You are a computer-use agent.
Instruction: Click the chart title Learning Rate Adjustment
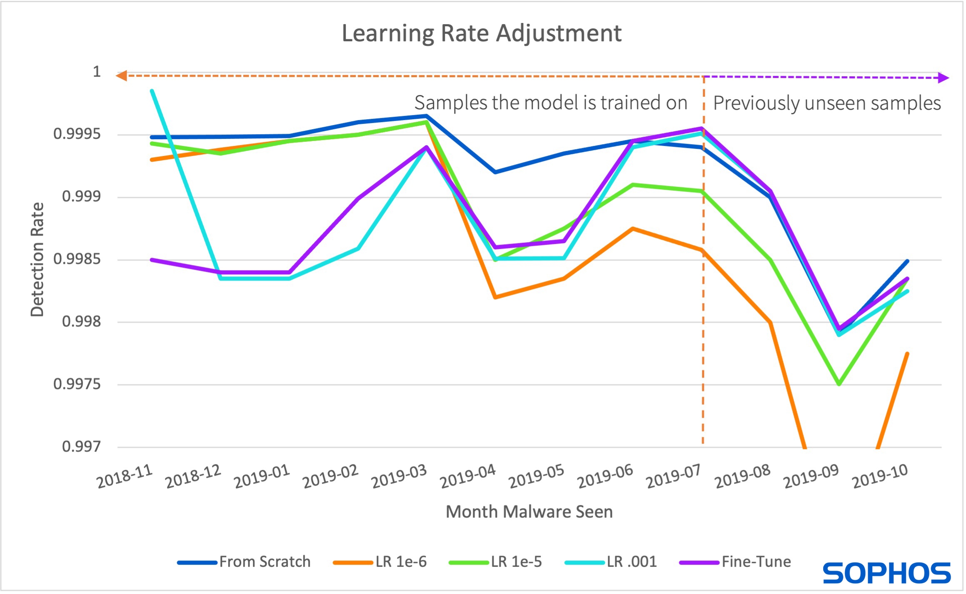coord(482,33)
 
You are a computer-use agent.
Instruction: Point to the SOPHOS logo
coord(887,573)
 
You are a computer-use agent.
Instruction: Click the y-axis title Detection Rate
coord(37,260)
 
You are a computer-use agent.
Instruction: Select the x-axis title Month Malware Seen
coord(529,512)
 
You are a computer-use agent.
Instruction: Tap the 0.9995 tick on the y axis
coord(77,134)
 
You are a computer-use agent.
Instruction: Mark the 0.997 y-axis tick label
coord(81,447)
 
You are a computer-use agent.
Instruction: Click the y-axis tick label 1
coord(97,72)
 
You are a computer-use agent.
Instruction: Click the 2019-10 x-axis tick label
coord(880,476)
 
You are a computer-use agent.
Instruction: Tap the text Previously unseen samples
coord(827,103)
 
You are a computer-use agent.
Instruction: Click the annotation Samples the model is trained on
coord(551,103)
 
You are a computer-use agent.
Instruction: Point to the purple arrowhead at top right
coord(943,78)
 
